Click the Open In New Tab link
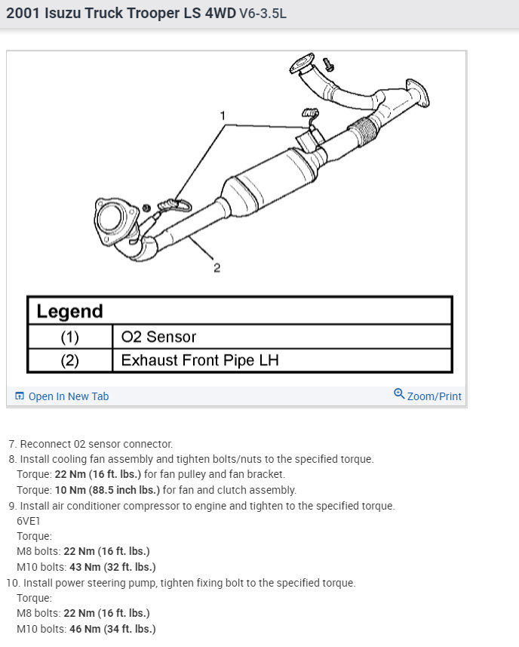point(68,396)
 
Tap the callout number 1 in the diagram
point(223,116)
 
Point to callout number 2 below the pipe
point(217,267)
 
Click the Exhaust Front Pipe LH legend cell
point(200,360)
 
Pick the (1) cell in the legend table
point(69,337)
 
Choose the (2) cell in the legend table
point(69,360)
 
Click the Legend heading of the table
point(69,311)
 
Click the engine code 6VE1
point(29,521)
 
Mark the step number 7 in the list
point(12,444)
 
